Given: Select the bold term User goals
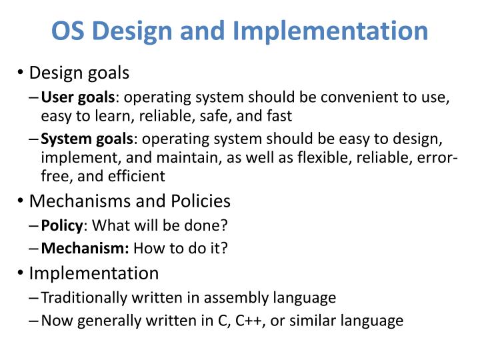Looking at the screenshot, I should [x=78, y=99].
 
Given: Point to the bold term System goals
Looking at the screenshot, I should [x=87, y=139].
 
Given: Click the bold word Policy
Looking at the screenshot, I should [x=61, y=225].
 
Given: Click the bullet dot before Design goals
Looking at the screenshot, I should [x=21, y=73].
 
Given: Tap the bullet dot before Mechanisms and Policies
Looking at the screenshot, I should [x=21, y=201].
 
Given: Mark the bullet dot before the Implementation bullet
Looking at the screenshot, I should [x=21, y=274].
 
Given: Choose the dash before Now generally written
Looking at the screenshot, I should [x=34, y=321].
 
